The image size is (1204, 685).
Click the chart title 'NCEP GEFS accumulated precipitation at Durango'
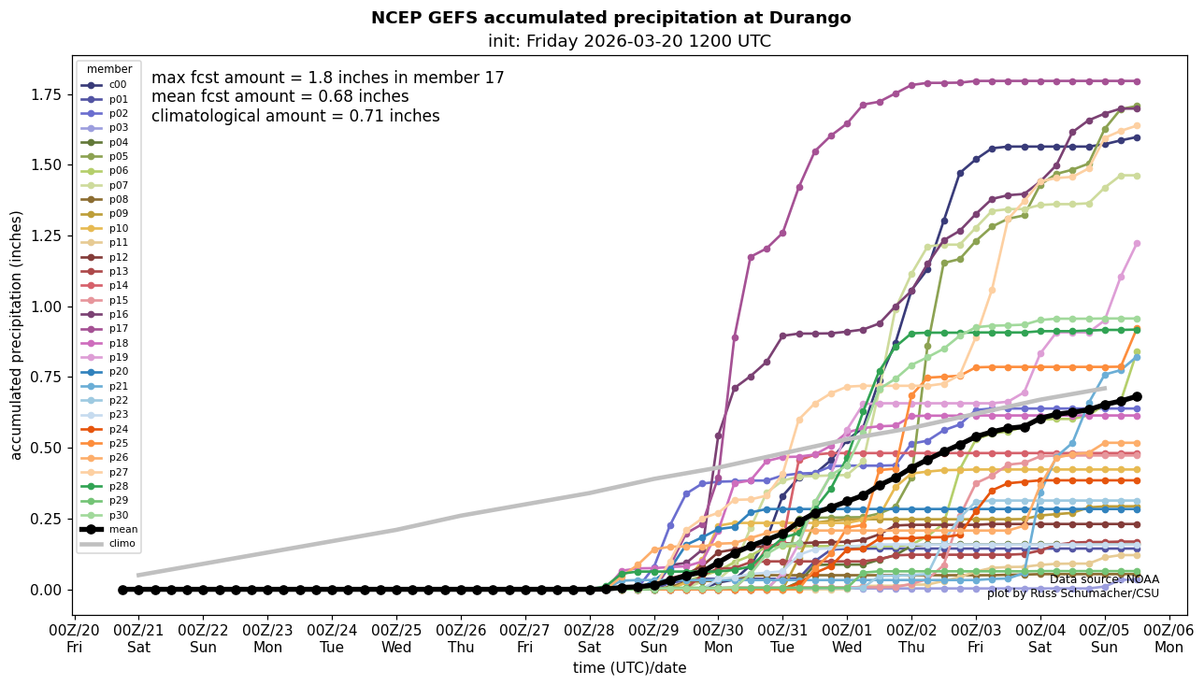coord(610,18)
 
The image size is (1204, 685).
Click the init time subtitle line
coord(629,41)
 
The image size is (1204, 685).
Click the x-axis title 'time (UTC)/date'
coord(629,668)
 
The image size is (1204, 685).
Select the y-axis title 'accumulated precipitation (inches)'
coord(16,335)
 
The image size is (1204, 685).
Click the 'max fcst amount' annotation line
coord(327,78)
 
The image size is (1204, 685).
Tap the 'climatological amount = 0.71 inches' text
coord(295,117)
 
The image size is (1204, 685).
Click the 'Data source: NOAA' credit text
coord(1104,580)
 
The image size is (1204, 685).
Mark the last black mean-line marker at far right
coord(1137,396)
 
